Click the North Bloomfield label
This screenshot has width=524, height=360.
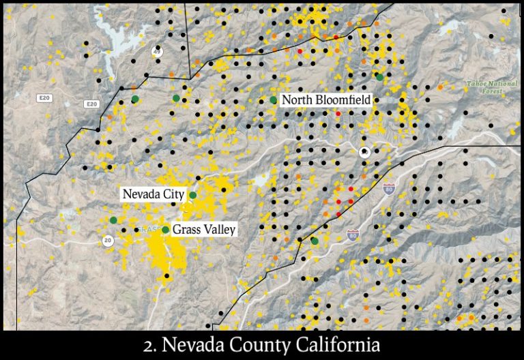[x=326, y=100]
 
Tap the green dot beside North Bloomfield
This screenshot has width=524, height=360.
[x=274, y=100]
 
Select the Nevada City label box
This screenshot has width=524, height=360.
[x=154, y=194]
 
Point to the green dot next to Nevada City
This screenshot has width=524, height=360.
[x=193, y=195]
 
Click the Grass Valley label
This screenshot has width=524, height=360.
[x=203, y=230]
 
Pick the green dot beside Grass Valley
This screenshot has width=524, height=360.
[x=165, y=230]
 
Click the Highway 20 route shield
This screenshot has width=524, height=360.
[x=108, y=241]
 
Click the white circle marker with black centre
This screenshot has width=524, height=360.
[x=365, y=151]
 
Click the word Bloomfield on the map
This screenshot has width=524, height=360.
[x=340, y=100]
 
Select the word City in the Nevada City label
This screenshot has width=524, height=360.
[x=173, y=194]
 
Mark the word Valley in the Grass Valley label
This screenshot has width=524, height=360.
[x=218, y=230]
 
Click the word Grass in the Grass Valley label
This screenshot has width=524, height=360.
[x=186, y=230]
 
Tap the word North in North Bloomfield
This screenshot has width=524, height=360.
[x=295, y=100]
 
